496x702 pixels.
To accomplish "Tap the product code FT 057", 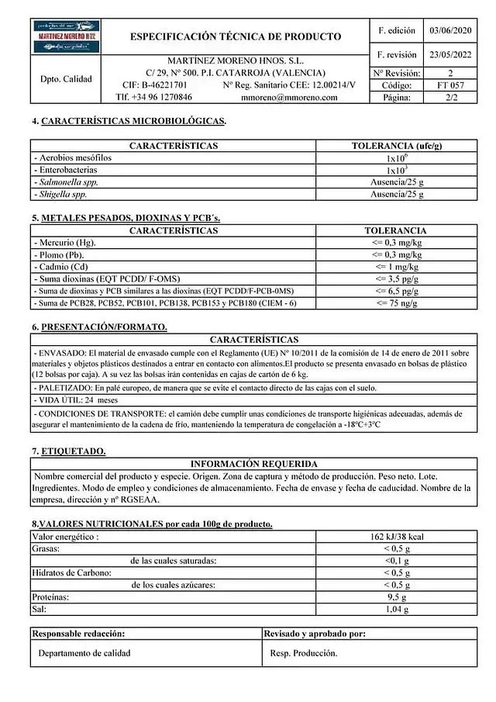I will point(451,85).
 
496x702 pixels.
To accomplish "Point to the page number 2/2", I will point(450,98).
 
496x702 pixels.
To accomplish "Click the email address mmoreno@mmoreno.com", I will point(290,98).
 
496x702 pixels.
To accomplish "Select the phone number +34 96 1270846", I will point(153,98).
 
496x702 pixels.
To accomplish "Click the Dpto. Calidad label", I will point(66,78).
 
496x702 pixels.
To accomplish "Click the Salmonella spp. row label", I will point(67,182).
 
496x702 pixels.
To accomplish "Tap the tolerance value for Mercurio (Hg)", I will point(396,243).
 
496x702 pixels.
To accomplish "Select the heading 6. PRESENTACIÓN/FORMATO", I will point(99,327).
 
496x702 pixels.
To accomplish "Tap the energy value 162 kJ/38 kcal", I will point(397,536).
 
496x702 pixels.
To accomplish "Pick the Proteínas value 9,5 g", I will point(397,597).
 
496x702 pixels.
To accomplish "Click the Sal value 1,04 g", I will point(397,610).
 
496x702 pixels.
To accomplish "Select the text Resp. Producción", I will point(304,653).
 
